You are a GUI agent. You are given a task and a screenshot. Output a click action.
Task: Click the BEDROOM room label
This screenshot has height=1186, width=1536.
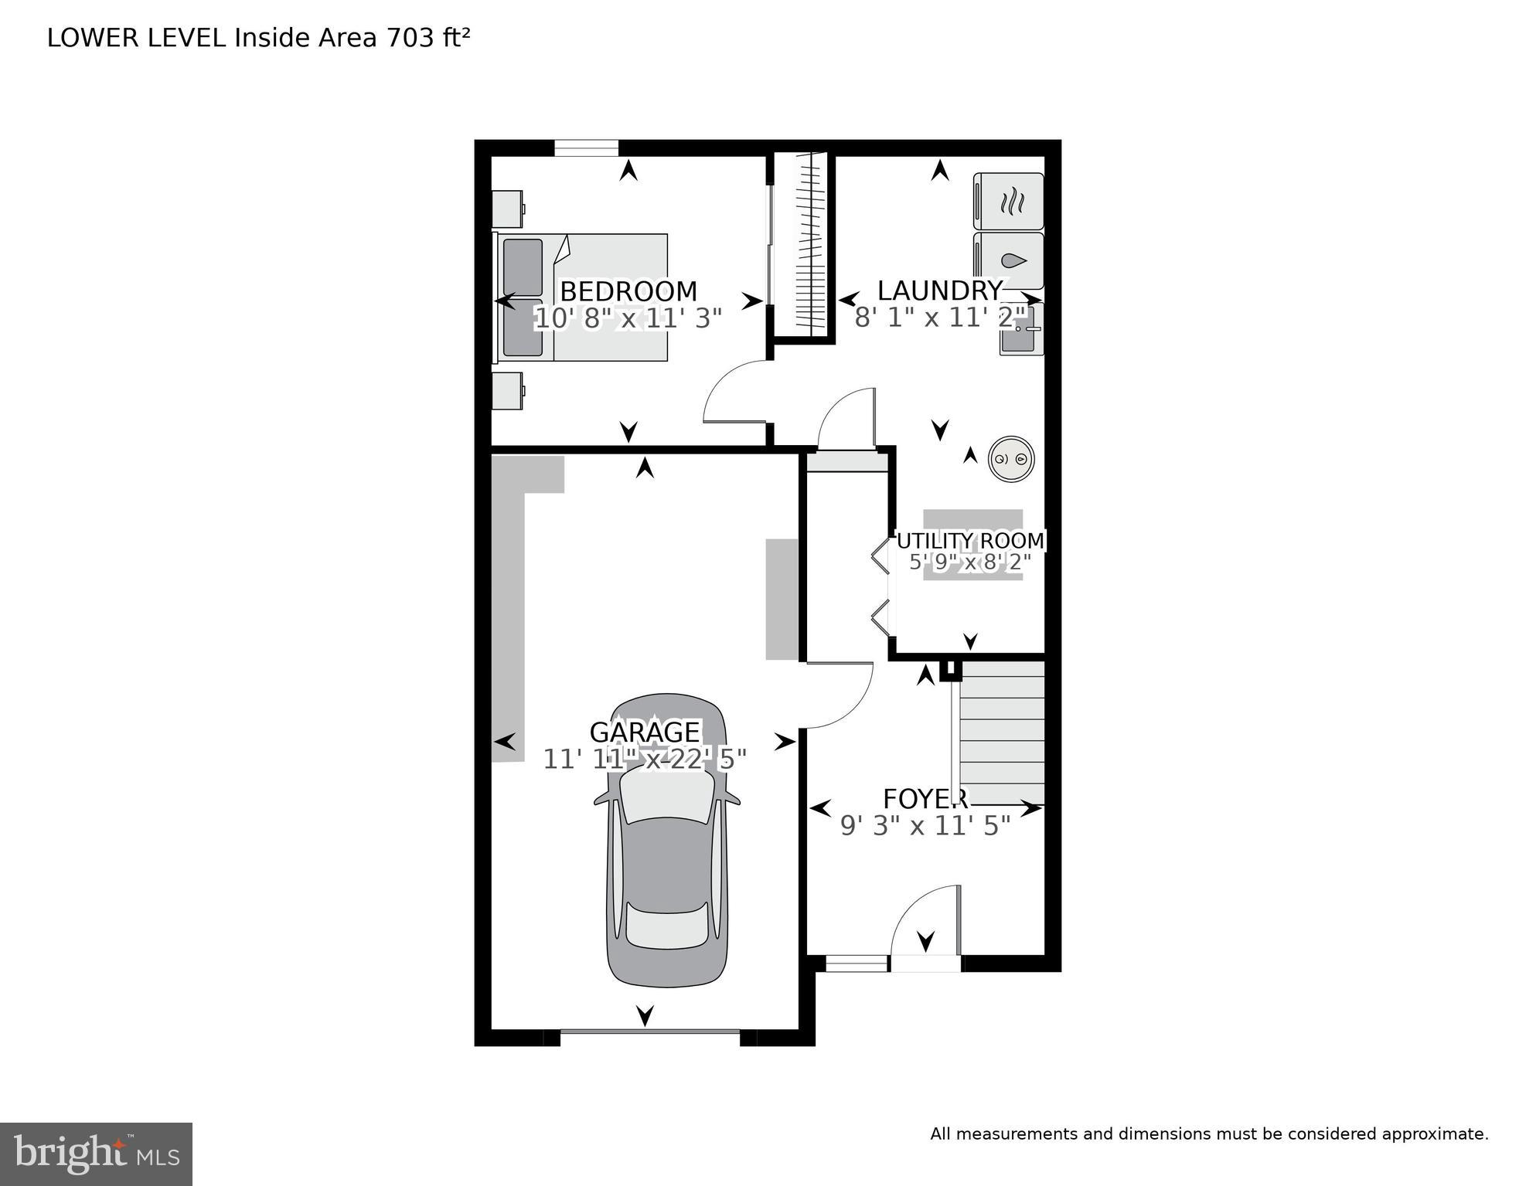point(628,291)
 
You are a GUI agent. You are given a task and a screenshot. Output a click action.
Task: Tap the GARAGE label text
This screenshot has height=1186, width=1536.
point(644,732)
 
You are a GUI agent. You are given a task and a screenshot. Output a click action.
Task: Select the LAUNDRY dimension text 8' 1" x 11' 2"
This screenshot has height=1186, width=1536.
point(940,318)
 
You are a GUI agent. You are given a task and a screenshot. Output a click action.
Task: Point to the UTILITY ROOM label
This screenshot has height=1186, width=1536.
point(970,541)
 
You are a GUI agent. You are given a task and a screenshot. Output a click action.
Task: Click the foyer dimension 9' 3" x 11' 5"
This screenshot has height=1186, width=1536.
point(925,826)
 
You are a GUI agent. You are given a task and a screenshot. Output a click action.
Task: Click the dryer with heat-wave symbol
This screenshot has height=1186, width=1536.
point(1009,202)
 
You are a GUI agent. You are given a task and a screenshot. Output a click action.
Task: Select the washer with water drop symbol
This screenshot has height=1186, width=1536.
point(1009,260)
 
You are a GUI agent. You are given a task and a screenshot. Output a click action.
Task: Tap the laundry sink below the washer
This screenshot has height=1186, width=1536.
point(1021,329)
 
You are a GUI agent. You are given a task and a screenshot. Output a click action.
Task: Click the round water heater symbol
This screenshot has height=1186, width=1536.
point(1011,460)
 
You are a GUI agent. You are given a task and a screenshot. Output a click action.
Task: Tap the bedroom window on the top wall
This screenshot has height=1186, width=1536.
point(586,148)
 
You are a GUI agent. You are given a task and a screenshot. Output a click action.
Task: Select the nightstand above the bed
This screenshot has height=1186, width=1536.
point(508,209)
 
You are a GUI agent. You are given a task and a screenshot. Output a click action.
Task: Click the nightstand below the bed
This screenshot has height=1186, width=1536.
point(508,391)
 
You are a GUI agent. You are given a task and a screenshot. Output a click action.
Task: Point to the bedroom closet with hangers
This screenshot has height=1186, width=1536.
point(802,245)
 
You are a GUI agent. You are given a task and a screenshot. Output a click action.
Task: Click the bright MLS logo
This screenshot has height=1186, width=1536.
point(96,1154)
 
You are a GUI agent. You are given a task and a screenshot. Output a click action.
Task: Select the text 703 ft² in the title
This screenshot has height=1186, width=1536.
point(427,38)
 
